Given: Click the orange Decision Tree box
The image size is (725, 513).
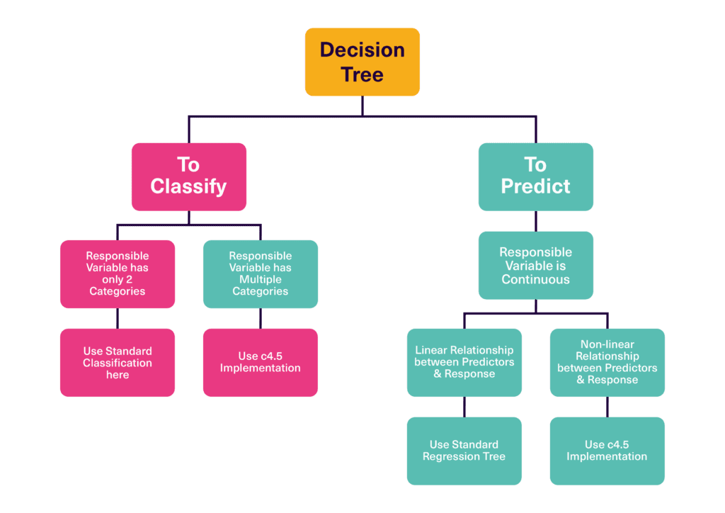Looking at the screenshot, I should click(362, 62).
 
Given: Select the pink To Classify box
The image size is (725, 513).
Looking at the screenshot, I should click(188, 176).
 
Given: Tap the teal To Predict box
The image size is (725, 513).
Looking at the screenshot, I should click(535, 176).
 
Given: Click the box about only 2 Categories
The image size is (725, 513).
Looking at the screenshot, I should click(118, 274).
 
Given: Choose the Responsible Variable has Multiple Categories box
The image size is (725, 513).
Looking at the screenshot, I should click(261, 274).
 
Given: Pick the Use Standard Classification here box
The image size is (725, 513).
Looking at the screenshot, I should click(118, 362).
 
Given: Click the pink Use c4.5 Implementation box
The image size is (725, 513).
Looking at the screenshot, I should click(261, 362).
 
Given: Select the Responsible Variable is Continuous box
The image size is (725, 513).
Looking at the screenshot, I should click(535, 265).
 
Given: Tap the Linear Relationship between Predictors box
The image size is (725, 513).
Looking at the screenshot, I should click(464, 362).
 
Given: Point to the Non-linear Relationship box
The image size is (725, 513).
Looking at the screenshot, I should click(607, 362).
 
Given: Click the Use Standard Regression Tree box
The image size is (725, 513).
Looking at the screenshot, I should click(464, 451).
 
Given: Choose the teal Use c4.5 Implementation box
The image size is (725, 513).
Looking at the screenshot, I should click(607, 451).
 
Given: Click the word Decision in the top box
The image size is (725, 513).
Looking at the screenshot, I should click(362, 50).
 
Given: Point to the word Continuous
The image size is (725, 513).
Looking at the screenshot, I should click(536, 279).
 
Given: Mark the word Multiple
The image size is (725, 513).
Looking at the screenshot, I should click(261, 279).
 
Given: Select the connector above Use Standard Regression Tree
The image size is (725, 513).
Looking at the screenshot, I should click(464, 407).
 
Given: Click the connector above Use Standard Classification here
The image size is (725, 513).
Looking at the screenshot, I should click(118, 318).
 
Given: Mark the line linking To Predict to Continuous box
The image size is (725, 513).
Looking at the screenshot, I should click(535, 221).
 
